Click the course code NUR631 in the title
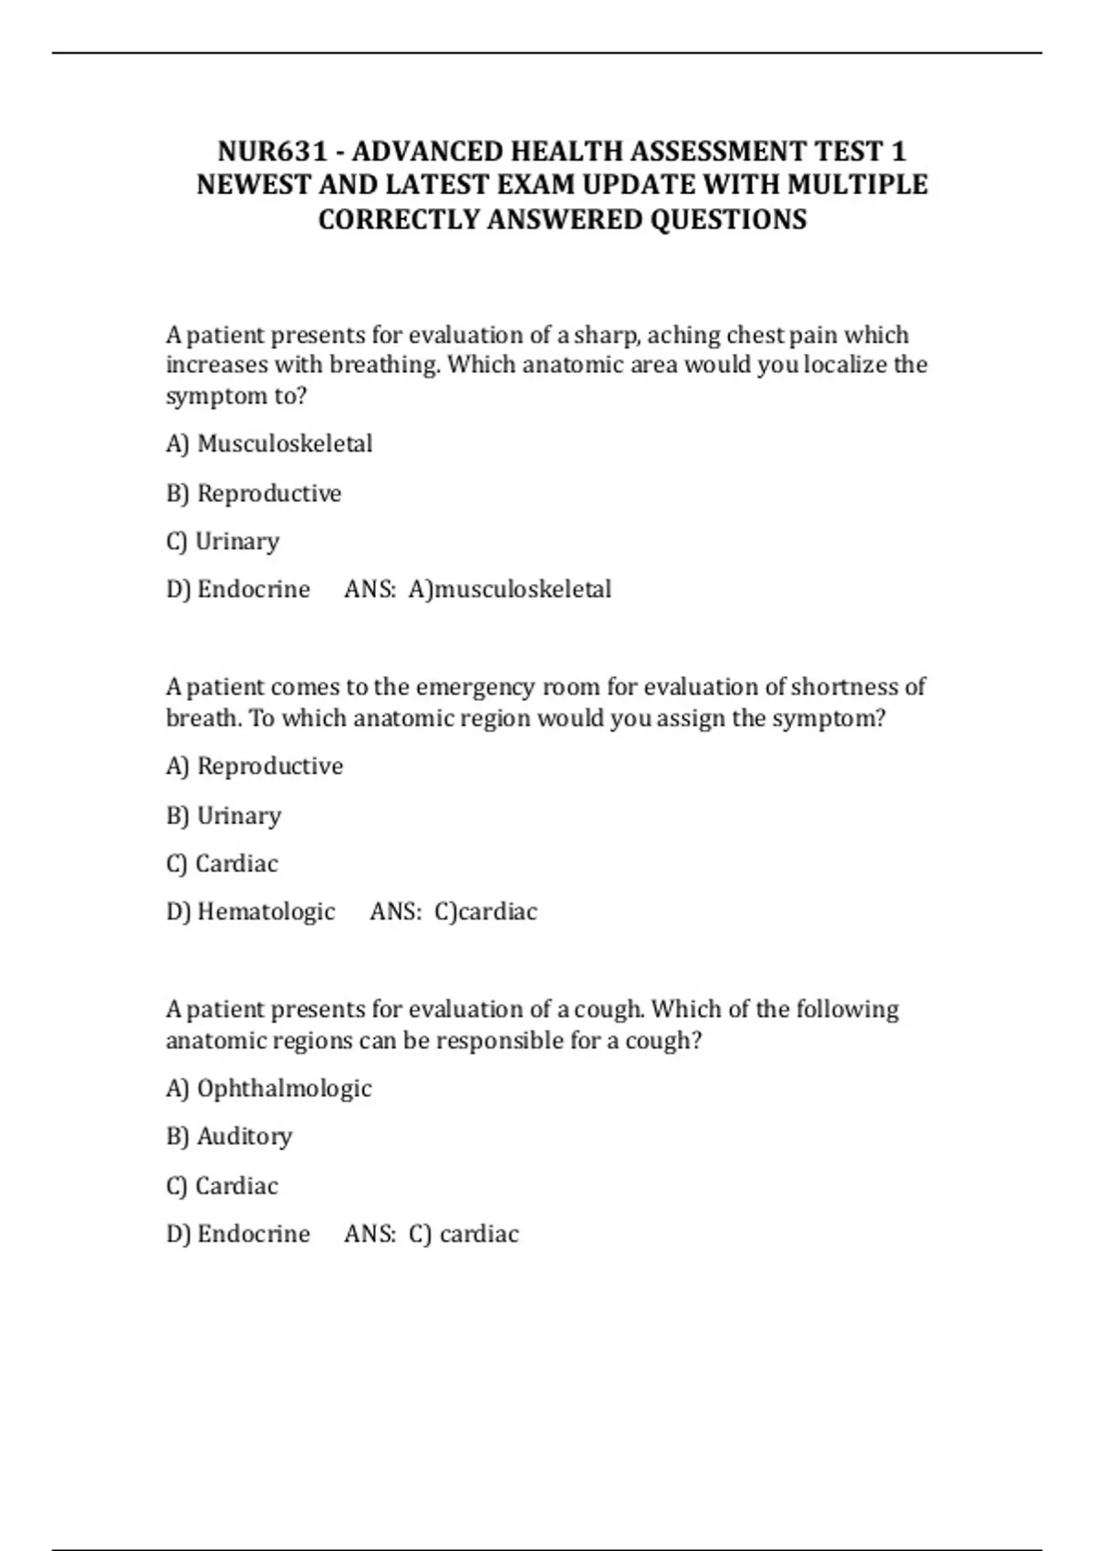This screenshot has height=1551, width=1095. pyautogui.click(x=272, y=151)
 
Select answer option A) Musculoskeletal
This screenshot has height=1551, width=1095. pyautogui.click(x=269, y=444)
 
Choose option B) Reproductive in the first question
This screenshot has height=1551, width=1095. pyautogui.click(x=254, y=494)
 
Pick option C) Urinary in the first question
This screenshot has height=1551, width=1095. pyautogui.click(x=223, y=542)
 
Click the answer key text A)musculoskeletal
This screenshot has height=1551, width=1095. pyautogui.click(x=510, y=589)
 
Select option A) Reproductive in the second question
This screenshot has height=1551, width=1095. pyautogui.click(x=255, y=766)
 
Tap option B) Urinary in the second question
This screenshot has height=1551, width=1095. pyautogui.click(x=224, y=816)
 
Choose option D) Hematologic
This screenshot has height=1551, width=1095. pyautogui.click(x=251, y=911)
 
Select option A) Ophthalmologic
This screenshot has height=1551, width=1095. pyautogui.click(x=269, y=1088)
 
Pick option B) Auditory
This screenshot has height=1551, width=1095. pyautogui.click(x=229, y=1137)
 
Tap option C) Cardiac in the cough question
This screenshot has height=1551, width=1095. pyautogui.click(x=223, y=1186)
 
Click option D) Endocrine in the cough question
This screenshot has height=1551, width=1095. pyautogui.click(x=238, y=1234)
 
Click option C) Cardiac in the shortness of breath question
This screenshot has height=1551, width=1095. pyautogui.click(x=223, y=864)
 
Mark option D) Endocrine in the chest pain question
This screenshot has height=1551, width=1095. pyautogui.click(x=238, y=589)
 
